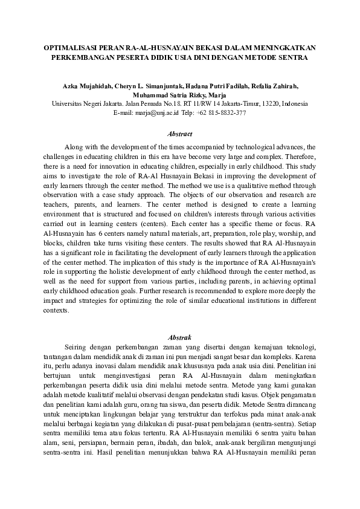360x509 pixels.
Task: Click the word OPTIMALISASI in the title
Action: (x=70, y=47)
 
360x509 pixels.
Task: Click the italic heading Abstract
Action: (x=180, y=134)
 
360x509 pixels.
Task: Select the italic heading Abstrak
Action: (x=180, y=336)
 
